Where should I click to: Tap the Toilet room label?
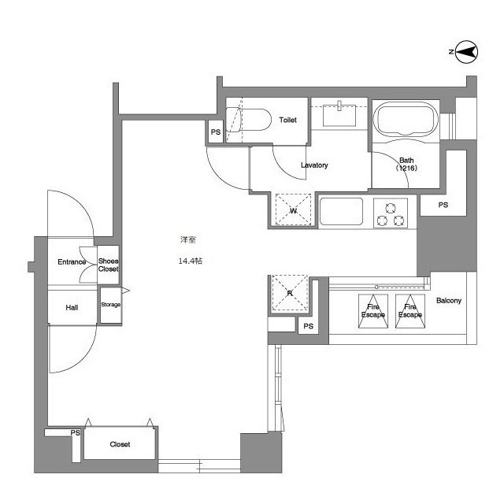pyautogui.click(x=287, y=120)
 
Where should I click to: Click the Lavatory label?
pyautogui.click(x=314, y=165)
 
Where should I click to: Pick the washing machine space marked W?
pyautogui.click(x=293, y=209)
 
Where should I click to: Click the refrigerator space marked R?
pyautogui.click(x=290, y=293)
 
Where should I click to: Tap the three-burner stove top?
pyautogui.click(x=391, y=213)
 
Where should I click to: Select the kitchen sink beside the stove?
pyautogui.click(x=341, y=212)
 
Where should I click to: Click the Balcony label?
pyautogui.click(x=449, y=301)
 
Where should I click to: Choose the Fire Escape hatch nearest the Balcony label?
pyautogui.click(x=410, y=311)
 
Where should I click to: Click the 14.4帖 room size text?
pyautogui.click(x=191, y=261)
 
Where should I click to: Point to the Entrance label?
pyautogui.click(x=72, y=262)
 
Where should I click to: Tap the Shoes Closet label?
pyautogui.click(x=109, y=265)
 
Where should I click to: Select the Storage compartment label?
pyautogui.click(x=110, y=305)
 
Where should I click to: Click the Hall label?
pyautogui.click(x=72, y=308)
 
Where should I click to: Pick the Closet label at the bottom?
pyautogui.click(x=120, y=444)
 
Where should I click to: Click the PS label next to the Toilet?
pyautogui.click(x=216, y=132)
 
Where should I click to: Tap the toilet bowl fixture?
pyautogui.click(x=248, y=120)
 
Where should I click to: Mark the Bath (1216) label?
pyautogui.click(x=406, y=164)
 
